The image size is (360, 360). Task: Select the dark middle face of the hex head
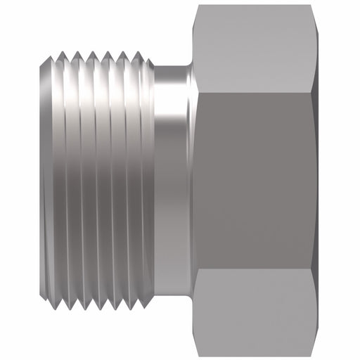click(x=257, y=179)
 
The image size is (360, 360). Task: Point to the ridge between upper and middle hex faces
click(x=257, y=90)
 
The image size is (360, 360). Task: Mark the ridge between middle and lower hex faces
click(x=257, y=269)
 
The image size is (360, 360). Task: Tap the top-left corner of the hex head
click(x=198, y=7)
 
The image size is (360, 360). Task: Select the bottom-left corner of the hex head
click(x=198, y=353)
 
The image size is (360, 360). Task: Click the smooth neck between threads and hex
click(x=170, y=179)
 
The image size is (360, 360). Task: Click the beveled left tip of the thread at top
click(x=39, y=60)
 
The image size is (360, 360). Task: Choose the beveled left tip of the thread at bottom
click(x=39, y=300)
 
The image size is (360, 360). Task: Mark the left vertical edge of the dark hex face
click(x=197, y=179)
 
